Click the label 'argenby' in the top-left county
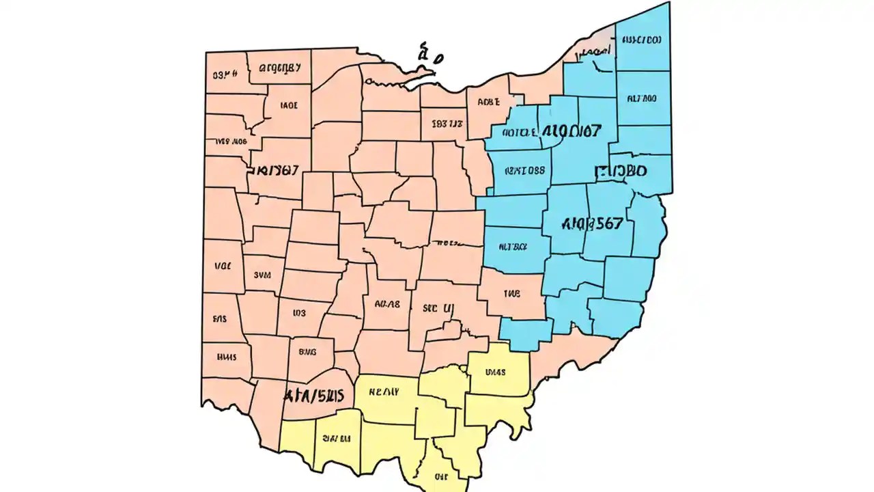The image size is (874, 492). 278,68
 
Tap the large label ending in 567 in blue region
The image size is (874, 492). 591,223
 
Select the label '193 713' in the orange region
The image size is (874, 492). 447,124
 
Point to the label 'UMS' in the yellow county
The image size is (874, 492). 495,373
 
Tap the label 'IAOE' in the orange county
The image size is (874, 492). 290,106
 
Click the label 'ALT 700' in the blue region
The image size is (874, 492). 641,98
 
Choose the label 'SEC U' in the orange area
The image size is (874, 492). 437,308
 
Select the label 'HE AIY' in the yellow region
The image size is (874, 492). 384,392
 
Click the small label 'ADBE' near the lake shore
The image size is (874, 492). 489,102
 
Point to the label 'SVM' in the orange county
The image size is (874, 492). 263,275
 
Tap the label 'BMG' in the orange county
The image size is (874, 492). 308,353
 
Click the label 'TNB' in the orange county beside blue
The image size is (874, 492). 512,294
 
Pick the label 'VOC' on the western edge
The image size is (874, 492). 223,266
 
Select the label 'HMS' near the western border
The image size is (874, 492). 226,356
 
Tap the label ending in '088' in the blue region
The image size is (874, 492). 525,171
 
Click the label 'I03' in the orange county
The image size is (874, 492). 299,313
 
